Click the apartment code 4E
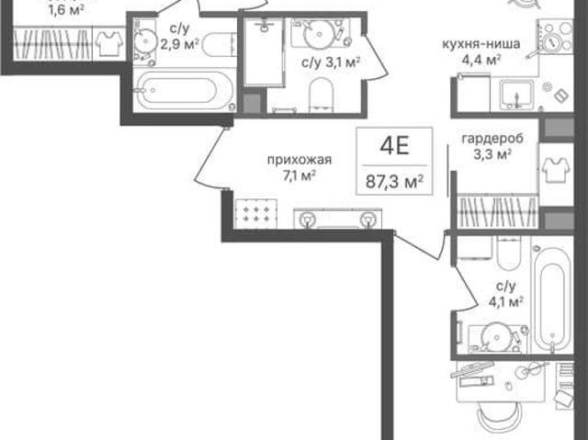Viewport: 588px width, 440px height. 394,146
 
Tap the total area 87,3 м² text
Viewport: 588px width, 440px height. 394,183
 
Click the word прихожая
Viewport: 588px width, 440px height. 300,160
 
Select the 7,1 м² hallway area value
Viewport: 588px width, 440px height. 299,175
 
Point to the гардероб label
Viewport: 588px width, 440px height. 492,139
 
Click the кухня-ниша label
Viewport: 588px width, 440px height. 481,44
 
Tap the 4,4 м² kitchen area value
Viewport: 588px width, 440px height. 481,59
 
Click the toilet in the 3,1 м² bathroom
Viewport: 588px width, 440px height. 322,94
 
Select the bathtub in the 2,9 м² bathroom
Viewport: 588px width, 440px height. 183,90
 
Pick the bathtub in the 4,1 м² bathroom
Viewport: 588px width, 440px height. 553,299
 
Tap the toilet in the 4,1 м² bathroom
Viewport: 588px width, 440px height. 509,254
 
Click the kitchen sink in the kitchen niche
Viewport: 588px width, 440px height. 516,94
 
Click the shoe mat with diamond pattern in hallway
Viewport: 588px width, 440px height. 256,214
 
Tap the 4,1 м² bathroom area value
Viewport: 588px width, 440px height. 506,301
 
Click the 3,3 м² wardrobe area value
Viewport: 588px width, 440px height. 492,154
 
